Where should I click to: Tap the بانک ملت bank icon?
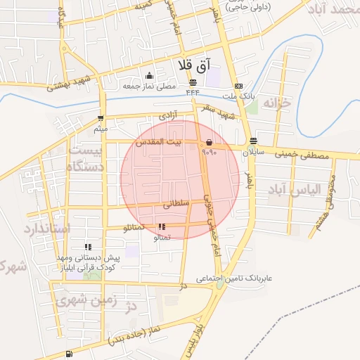pyautogui.click(x=238, y=85)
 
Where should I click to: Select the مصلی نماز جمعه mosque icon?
pyautogui.click(x=148, y=76)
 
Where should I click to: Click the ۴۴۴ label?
pyautogui.click(x=193, y=92)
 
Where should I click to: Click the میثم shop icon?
pyautogui.click(x=101, y=118)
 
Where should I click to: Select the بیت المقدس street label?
pyautogui.click(x=158, y=141)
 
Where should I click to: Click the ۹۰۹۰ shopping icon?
pyautogui.click(x=210, y=143)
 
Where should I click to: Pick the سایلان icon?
pyautogui.click(x=253, y=141)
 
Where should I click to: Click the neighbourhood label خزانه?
pyautogui.click(x=276, y=103)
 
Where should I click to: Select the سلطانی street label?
pyautogui.click(x=176, y=204)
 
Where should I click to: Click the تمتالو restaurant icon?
pyautogui.click(x=162, y=227)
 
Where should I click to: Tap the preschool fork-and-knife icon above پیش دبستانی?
pyautogui.click(x=89, y=247)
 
